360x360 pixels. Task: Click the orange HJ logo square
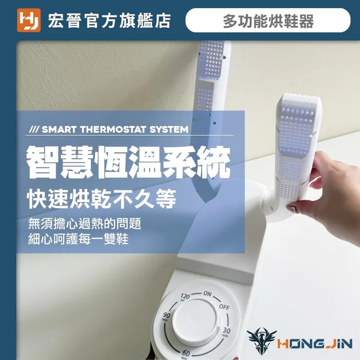[x=29, y=20]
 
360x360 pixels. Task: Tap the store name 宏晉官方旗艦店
[x=109, y=21]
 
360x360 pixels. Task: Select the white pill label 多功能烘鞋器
[x=268, y=20]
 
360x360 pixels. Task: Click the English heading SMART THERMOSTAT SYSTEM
[x=115, y=129]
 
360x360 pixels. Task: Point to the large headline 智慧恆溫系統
[x=128, y=162]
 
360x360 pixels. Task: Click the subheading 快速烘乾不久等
[x=102, y=198]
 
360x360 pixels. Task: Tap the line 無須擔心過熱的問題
[x=85, y=223]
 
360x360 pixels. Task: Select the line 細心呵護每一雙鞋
[x=78, y=239]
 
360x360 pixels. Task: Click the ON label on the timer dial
[x=207, y=294]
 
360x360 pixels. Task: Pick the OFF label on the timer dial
[x=224, y=307]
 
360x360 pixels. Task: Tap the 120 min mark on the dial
[x=185, y=297]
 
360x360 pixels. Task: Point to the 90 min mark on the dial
[x=166, y=316]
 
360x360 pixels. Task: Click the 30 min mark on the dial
[x=226, y=331]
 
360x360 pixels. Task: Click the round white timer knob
[x=195, y=323]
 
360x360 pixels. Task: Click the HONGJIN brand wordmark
[x=315, y=344]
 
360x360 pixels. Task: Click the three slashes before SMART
[x=35, y=129]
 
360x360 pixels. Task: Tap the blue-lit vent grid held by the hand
[x=296, y=131]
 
